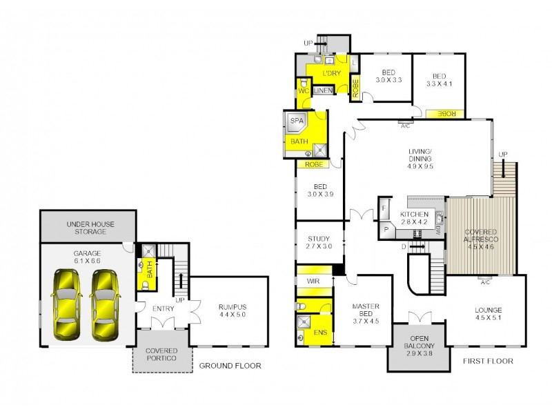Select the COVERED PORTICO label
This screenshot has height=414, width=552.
161,354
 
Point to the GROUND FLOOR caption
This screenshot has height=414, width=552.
230,366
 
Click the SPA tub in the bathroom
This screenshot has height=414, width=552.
297,121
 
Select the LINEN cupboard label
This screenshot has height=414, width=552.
323,90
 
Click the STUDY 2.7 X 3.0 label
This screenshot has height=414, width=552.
319,242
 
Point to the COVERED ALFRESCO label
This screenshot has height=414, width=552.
481,235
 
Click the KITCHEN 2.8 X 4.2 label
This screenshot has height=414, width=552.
414,218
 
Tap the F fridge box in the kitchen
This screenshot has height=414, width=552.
383,208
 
